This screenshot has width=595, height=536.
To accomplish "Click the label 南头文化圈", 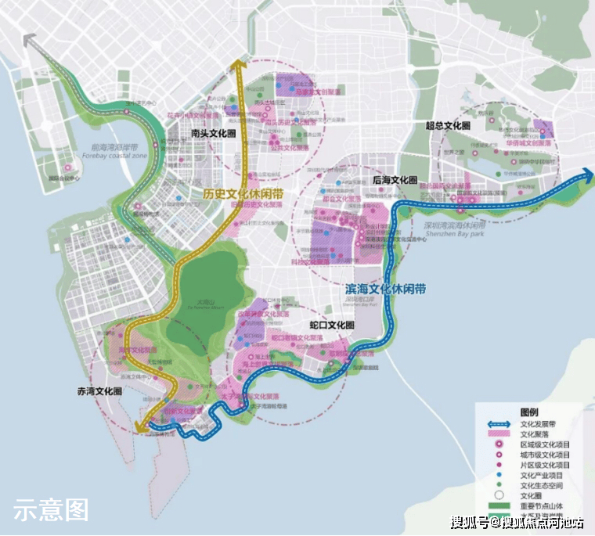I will pyautogui.click(x=213, y=134).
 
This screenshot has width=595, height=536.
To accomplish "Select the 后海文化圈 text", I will pyautogui.click(x=395, y=180).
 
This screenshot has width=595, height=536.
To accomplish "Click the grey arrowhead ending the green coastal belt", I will pyautogui.click(x=30, y=40).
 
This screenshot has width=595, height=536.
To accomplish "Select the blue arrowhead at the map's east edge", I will pyautogui.click(x=588, y=178).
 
